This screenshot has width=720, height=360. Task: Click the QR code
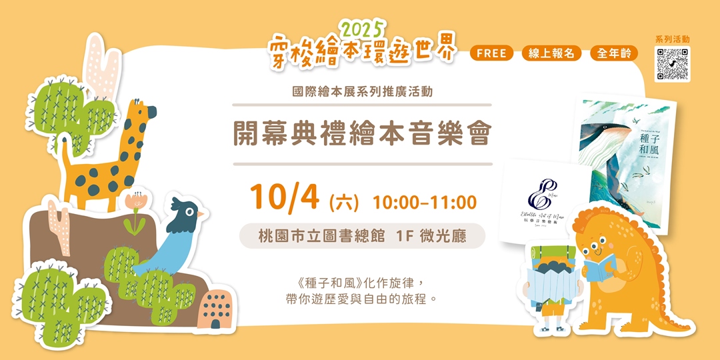(672, 64)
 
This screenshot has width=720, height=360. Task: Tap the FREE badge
(491, 53)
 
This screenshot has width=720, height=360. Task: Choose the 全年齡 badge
(613, 53)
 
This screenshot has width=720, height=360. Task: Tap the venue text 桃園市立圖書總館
(321, 236)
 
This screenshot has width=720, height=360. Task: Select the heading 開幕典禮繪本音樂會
(362, 134)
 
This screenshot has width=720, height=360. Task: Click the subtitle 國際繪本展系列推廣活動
(362, 92)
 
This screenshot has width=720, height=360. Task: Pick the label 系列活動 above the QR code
(672, 39)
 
